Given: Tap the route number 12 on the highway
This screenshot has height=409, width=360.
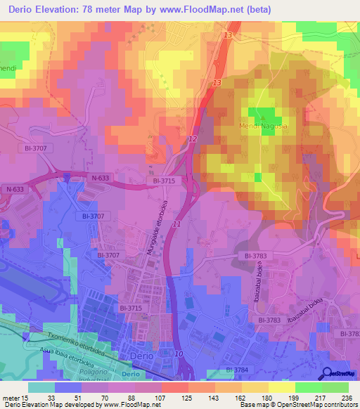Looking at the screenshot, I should pos(193,140).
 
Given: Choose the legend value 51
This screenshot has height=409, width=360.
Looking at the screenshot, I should pos(69,397).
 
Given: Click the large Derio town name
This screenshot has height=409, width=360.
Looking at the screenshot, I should pos(143,357).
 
